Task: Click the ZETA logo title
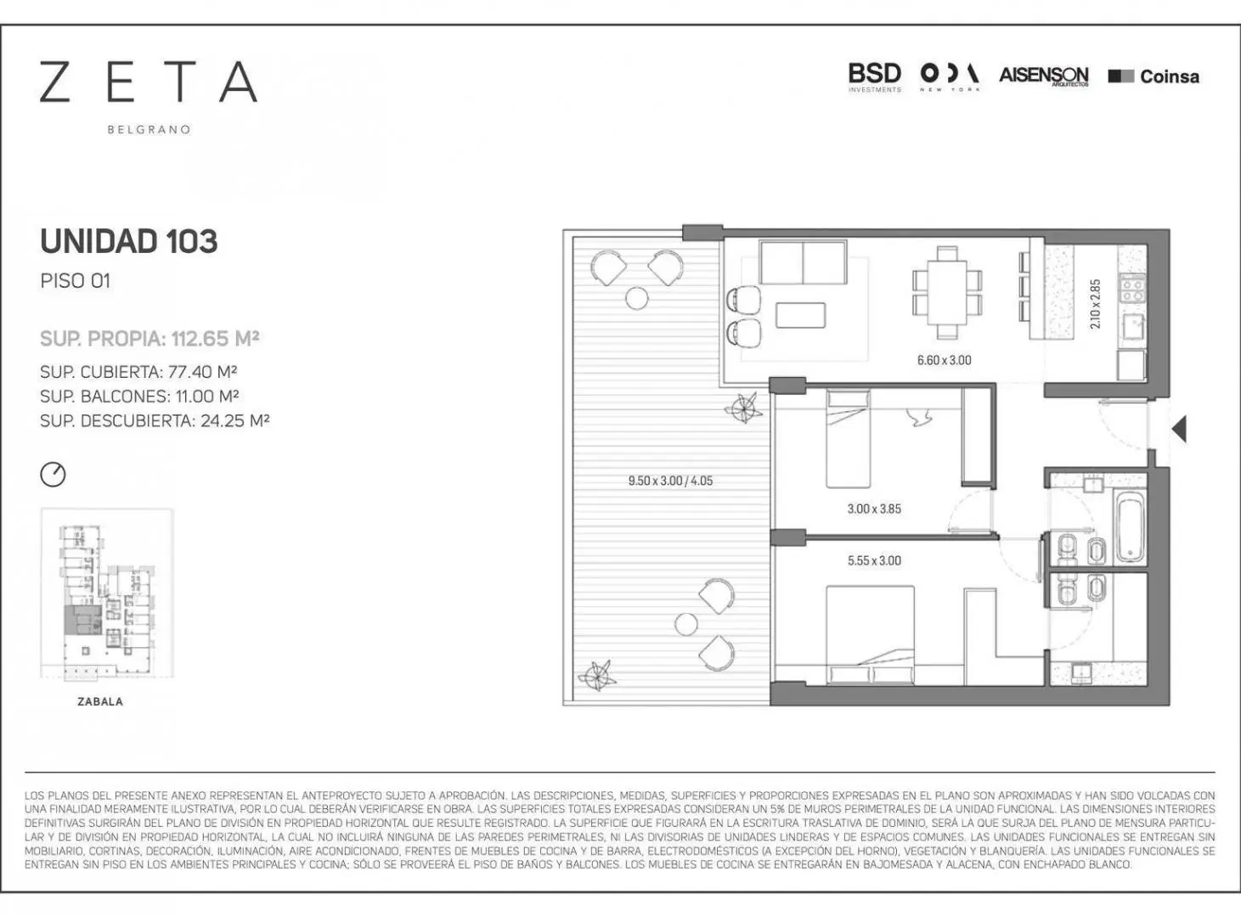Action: click(x=149, y=82)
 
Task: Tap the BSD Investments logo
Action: click(x=875, y=77)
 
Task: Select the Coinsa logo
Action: click(x=1154, y=76)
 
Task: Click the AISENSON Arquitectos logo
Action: click(x=1043, y=76)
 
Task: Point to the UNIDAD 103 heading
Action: click(x=129, y=241)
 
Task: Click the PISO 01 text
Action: click(x=75, y=281)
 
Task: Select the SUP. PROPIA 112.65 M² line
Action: click(x=149, y=339)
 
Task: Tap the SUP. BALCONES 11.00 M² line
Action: click(x=139, y=397)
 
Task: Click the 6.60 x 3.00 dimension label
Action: click(x=944, y=360)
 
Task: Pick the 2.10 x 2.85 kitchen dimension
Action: click(x=1095, y=304)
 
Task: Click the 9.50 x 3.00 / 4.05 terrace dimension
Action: click(x=670, y=481)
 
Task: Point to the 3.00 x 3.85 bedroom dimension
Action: click(x=874, y=509)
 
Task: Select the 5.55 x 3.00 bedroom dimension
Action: click(x=874, y=560)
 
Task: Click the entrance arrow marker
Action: click(x=1180, y=430)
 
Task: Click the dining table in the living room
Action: click(x=947, y=293)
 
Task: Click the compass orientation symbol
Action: click(x=54, y=475)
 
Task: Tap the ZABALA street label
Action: click(x=100, y=701)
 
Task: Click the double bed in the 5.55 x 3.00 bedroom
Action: click(x=871, y=634)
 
